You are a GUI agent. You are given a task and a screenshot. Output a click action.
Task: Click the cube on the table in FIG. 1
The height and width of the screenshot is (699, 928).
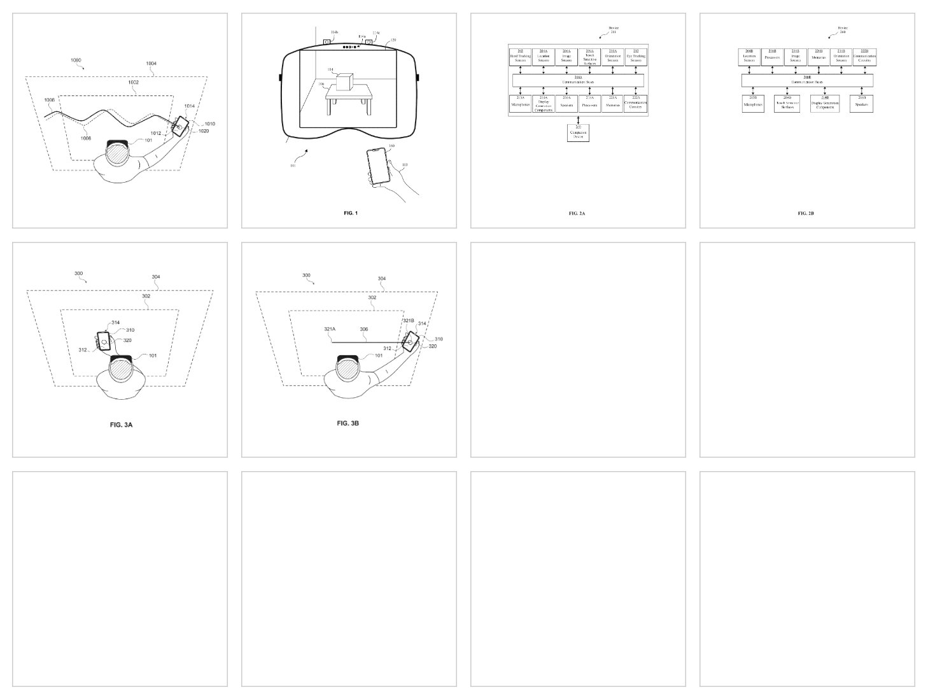[x=344, y=82]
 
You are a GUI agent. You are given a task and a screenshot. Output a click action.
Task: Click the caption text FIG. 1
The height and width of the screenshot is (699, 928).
[x=350, y=213]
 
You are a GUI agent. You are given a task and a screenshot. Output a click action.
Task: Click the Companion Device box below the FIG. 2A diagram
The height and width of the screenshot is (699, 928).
[x=578, y=132]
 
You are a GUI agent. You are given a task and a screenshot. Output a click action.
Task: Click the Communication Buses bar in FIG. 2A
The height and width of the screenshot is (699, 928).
[x=578, y=81]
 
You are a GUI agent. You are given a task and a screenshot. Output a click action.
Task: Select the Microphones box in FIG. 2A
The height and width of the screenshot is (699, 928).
[x=520, y=104]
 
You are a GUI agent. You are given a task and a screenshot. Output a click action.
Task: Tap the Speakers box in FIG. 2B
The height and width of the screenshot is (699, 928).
[x=862, y=104]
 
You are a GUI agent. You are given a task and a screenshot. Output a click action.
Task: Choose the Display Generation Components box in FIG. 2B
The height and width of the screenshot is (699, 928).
[x=825, y=104]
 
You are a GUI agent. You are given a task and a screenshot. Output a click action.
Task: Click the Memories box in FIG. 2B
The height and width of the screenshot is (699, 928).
[x=818, y=57]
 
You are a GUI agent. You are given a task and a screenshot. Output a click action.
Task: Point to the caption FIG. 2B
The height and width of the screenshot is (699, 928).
[x=806, y=214]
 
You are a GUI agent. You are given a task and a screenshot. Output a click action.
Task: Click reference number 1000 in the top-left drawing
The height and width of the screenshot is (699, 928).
[x=76, y=60]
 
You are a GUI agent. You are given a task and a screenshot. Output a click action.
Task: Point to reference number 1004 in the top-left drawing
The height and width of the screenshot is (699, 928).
[x=151, y=64]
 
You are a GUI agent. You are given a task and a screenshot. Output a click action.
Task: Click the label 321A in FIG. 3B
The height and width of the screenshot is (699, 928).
[x=330, y=330]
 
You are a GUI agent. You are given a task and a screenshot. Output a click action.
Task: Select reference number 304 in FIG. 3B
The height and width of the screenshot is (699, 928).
[x=382, y=279]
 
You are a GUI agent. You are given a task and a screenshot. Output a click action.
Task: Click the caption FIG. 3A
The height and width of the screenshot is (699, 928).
[x=122, y=424]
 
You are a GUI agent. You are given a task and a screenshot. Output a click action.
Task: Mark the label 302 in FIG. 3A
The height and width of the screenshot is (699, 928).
[x=146, y=297]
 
